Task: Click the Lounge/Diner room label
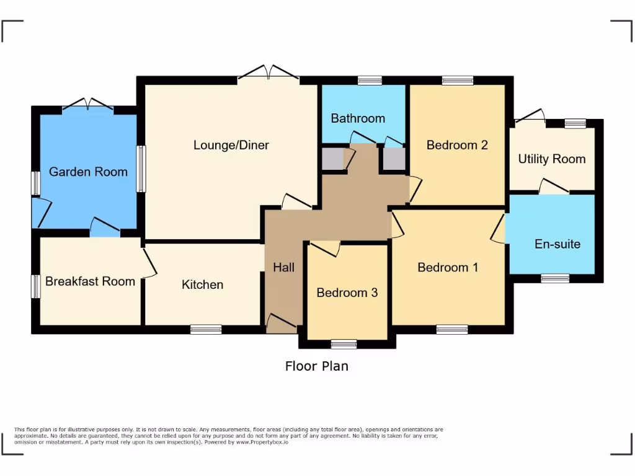231,145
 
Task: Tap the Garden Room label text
88,172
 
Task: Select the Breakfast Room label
90,281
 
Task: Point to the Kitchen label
202,284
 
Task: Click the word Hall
284,268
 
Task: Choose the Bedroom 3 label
347,293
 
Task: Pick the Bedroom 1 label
448,268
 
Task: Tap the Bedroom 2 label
457,145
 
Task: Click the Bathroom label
358,118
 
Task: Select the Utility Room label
552,159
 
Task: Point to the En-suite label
557,244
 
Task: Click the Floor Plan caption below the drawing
316,366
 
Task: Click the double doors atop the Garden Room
88,105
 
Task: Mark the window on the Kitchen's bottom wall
206,329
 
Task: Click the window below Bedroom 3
344,344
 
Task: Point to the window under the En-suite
555,278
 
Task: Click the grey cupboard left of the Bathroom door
333,159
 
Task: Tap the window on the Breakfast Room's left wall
36,286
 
